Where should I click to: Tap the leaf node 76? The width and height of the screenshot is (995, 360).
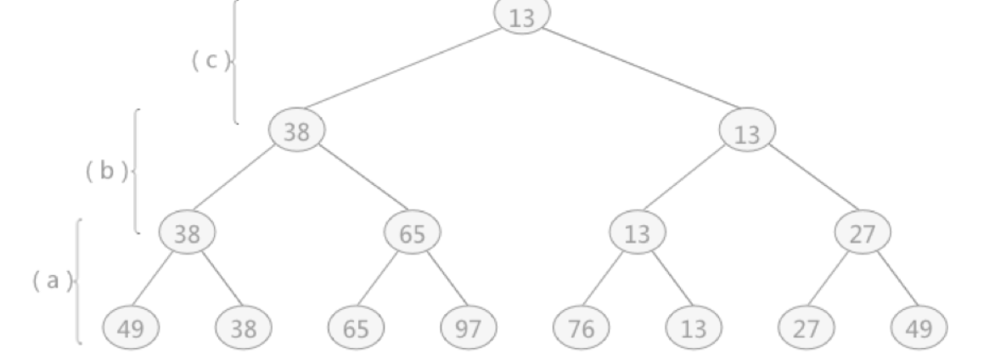(x=581, y=327)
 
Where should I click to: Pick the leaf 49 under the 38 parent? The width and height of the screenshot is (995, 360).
(x=130, y=327)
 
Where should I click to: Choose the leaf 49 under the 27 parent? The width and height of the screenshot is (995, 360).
(x=919, y=327)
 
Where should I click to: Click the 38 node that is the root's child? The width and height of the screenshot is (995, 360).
(x=296, y=131)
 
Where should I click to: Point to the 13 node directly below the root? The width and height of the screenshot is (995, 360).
(x=747, y=132)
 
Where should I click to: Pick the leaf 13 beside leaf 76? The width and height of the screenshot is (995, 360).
(x=694, y=327)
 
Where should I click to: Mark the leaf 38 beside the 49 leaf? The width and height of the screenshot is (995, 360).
(x=243, y=327)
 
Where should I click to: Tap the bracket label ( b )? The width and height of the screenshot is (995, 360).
(x=108, y=170)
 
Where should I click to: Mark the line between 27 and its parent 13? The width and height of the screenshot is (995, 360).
(x=807, y=183)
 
